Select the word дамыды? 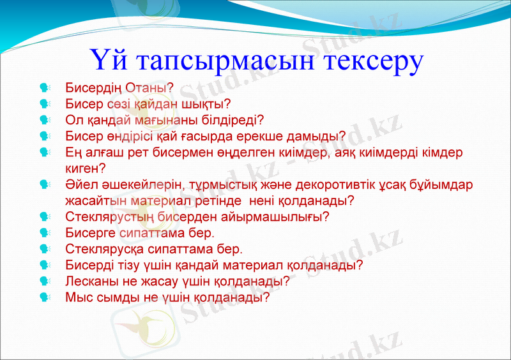tap(316, 135)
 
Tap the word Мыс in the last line tap(77, 297)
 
